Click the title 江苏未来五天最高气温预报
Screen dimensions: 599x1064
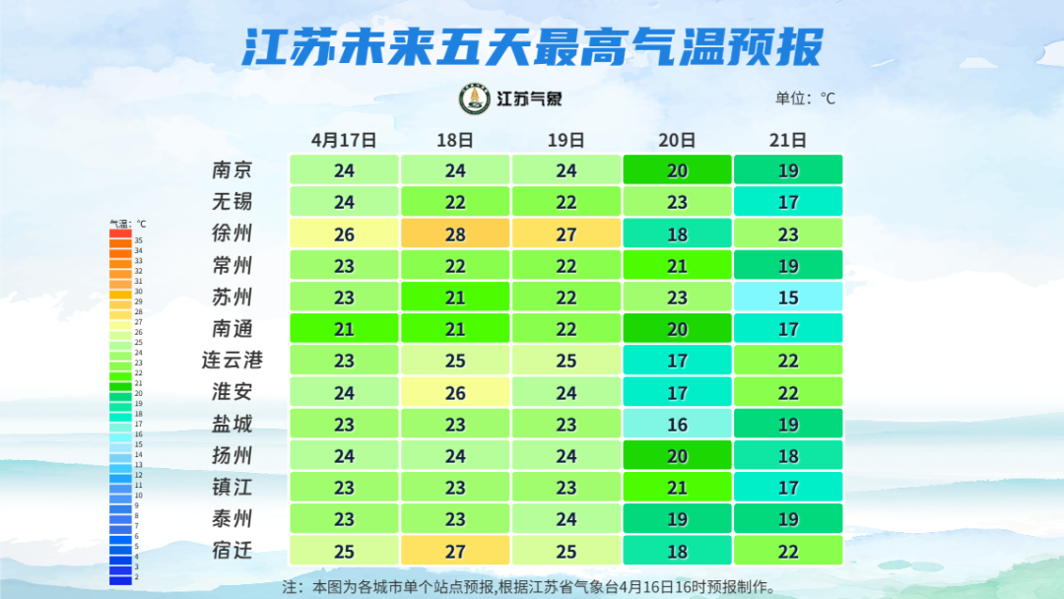tap(532, 46)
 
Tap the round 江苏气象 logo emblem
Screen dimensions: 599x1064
tap(475, 99)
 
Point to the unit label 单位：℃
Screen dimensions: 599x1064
tap(805, 99)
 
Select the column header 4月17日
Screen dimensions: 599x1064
tap(344, 140)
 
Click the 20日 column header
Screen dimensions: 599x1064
tap(677, 140)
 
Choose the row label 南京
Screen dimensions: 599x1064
tap(233, 170)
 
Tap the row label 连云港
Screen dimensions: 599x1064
tap(233, 361)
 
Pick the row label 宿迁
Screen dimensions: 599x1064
tap(233, 550)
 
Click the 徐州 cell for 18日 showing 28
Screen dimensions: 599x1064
tap(455, 233)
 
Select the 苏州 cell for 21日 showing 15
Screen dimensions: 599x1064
tap(788, 297)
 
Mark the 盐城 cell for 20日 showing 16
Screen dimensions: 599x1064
tap(677, 424)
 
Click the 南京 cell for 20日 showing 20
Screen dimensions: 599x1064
tap(677, 170)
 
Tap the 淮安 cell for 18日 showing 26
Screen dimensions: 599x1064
tap(455, 392)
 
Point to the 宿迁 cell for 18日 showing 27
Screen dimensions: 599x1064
tap(455, 550)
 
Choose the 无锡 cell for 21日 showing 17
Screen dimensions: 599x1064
tap(788, 202)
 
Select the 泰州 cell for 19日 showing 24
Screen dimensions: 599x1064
tap(565, 518)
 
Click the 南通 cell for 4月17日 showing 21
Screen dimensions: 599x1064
tap(344, 328)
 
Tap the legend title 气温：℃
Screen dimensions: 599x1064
tap(128, 225)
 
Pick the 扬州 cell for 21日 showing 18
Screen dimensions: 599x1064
tap(788, 455)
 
